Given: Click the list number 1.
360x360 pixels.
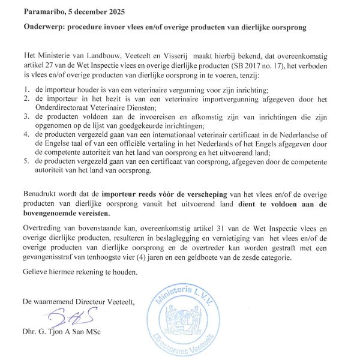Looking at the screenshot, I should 26,88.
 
